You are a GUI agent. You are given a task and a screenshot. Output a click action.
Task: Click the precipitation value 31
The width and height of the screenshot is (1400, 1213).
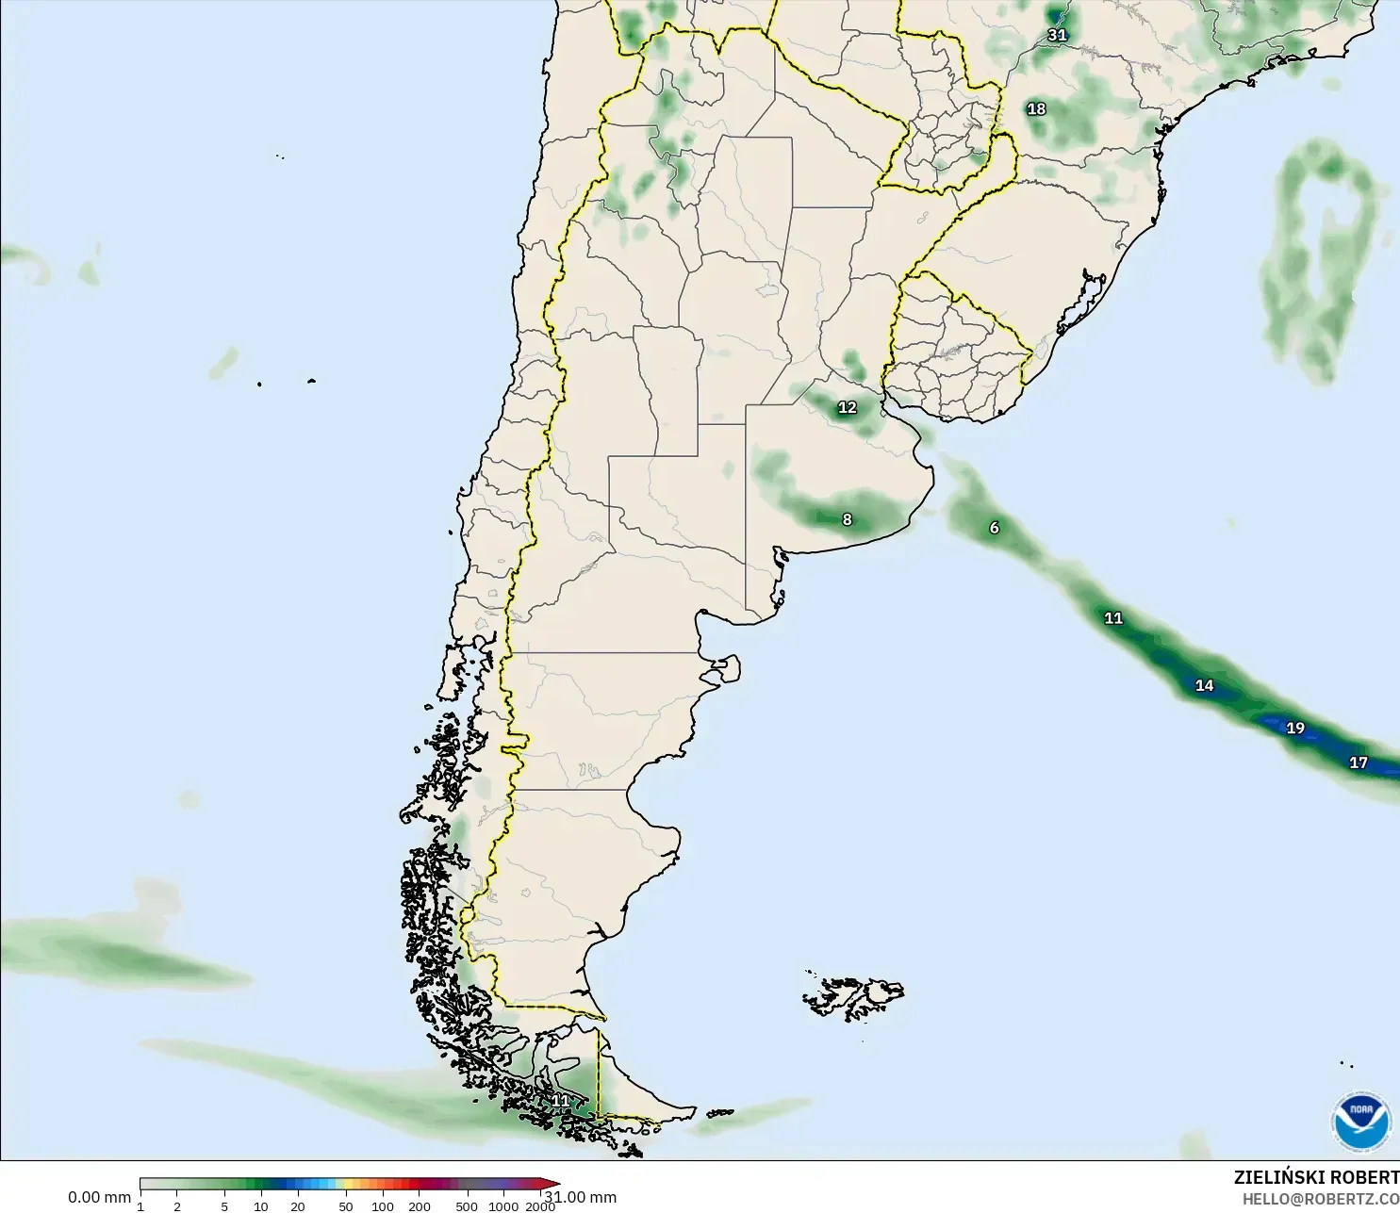1057,35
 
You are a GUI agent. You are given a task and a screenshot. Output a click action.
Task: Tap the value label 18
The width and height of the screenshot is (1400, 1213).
1036,108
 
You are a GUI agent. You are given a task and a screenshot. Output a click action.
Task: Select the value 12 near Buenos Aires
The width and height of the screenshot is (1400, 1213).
848,407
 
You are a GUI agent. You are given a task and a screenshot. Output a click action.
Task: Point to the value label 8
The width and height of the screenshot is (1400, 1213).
847,519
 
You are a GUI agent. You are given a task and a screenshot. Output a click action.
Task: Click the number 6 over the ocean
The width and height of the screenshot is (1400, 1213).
994,528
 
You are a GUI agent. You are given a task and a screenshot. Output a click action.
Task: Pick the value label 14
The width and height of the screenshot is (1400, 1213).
1204,685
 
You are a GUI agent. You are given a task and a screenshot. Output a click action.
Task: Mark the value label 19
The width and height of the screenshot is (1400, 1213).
1295,728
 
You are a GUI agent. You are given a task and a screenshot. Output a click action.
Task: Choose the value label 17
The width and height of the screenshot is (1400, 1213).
1358,762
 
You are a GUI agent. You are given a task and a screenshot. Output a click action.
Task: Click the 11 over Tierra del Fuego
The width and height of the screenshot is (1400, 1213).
561,1100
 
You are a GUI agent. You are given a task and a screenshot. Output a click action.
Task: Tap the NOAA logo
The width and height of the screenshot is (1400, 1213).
1361,1122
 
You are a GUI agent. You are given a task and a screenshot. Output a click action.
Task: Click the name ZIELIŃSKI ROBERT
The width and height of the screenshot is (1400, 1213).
1316,1177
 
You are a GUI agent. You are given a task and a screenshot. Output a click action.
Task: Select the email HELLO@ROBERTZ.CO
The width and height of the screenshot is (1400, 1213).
1320,1199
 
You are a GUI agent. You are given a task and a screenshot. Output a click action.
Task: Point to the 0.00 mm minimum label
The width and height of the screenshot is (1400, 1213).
99,1197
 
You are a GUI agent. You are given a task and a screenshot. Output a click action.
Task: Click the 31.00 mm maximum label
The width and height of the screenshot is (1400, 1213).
582,1197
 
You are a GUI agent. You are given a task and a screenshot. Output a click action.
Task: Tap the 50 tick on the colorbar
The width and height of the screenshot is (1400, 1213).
346,1206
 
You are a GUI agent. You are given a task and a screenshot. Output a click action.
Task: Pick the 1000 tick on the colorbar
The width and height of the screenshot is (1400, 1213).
503,1206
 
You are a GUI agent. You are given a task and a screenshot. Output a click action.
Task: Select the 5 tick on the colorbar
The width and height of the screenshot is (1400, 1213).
224,1206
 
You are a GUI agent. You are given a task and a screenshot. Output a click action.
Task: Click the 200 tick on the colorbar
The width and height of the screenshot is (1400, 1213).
420,1206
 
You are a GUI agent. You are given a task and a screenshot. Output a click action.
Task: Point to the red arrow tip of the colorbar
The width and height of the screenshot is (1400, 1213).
556,1184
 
